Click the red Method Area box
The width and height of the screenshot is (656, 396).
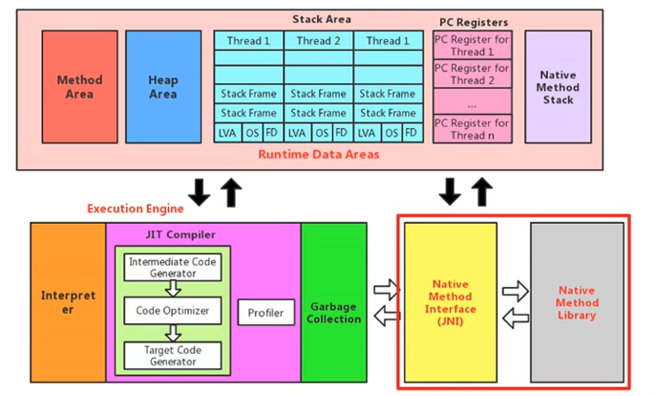(x=79, y=87)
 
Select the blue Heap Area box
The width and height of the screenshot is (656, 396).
(x=162, y=87)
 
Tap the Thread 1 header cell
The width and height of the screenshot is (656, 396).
(x=248, y=41)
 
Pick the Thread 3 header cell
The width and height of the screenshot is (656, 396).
(x=388, y=41)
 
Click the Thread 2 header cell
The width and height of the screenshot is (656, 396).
(x=318, y=41)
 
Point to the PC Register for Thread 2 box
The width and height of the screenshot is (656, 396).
(x=472, y=74)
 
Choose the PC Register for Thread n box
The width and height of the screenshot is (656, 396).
(x=472, y=128)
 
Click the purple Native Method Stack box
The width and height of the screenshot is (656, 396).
(x=558, y=87)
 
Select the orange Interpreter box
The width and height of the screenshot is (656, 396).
(x=68, y=302)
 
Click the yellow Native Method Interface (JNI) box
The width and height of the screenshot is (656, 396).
(x=450, y=301)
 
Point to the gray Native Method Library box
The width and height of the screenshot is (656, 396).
(x=577, y=301)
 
